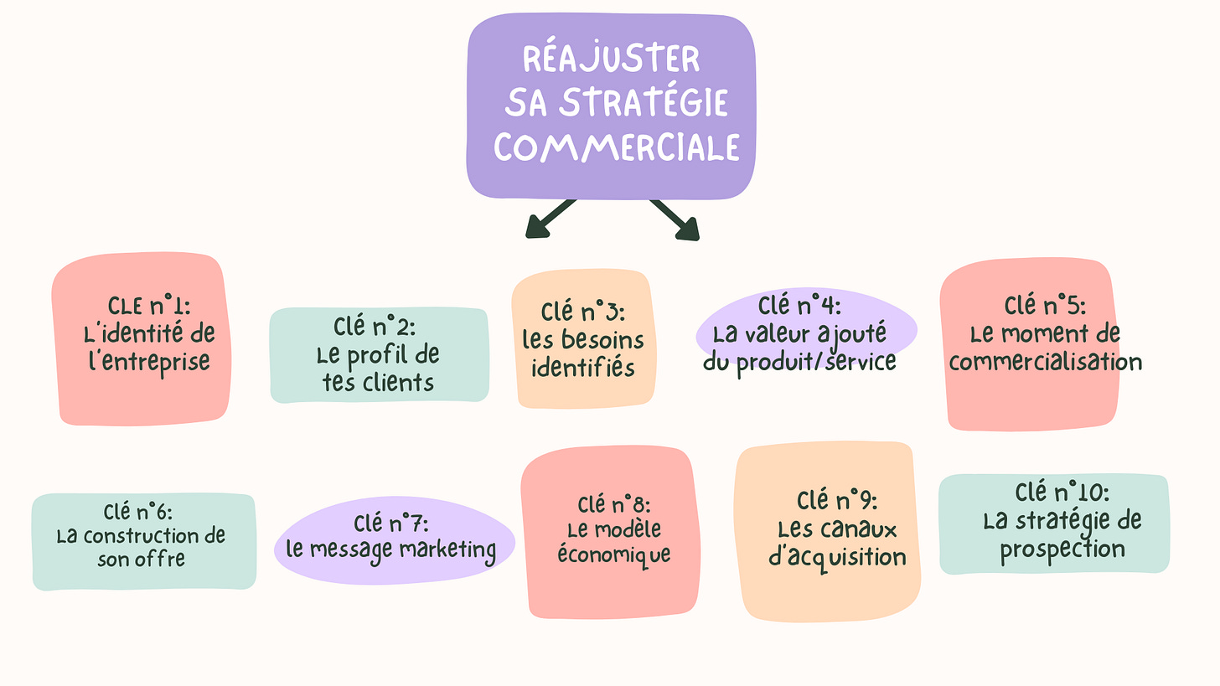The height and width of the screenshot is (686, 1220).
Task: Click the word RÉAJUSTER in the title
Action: coord(611,59)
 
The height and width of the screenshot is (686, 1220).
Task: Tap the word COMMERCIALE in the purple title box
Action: coord(617,147)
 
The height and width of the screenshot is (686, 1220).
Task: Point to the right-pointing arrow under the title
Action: coord(677,219)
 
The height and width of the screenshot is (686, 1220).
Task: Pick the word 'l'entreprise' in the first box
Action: coord(149,362)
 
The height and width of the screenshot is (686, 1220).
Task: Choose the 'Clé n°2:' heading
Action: coord(375,325)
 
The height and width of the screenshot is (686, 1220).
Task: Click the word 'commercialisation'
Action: coord(1046,362)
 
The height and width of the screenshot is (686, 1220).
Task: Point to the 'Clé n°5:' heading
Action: coord(1044,305)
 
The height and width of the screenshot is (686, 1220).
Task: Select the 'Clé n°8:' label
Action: coord(614,504)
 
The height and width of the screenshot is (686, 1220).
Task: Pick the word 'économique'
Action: coord(614,554)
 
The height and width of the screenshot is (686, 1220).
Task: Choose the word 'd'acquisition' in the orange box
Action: coord(837,556)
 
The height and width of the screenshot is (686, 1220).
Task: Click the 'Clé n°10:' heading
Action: coord(1062,492)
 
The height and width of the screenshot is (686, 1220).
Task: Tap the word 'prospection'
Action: coord(1062,549)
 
